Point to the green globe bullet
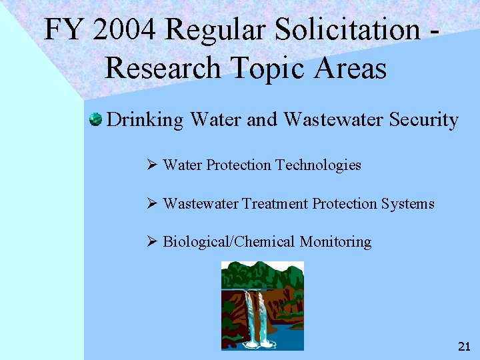[95, 120]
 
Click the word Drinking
[145, 120]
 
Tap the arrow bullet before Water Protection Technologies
[151, 165]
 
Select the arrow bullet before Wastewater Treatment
[151, 203]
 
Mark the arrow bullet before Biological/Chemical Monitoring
[151, 241]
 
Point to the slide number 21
[464, 346]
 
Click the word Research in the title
[164, 67]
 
